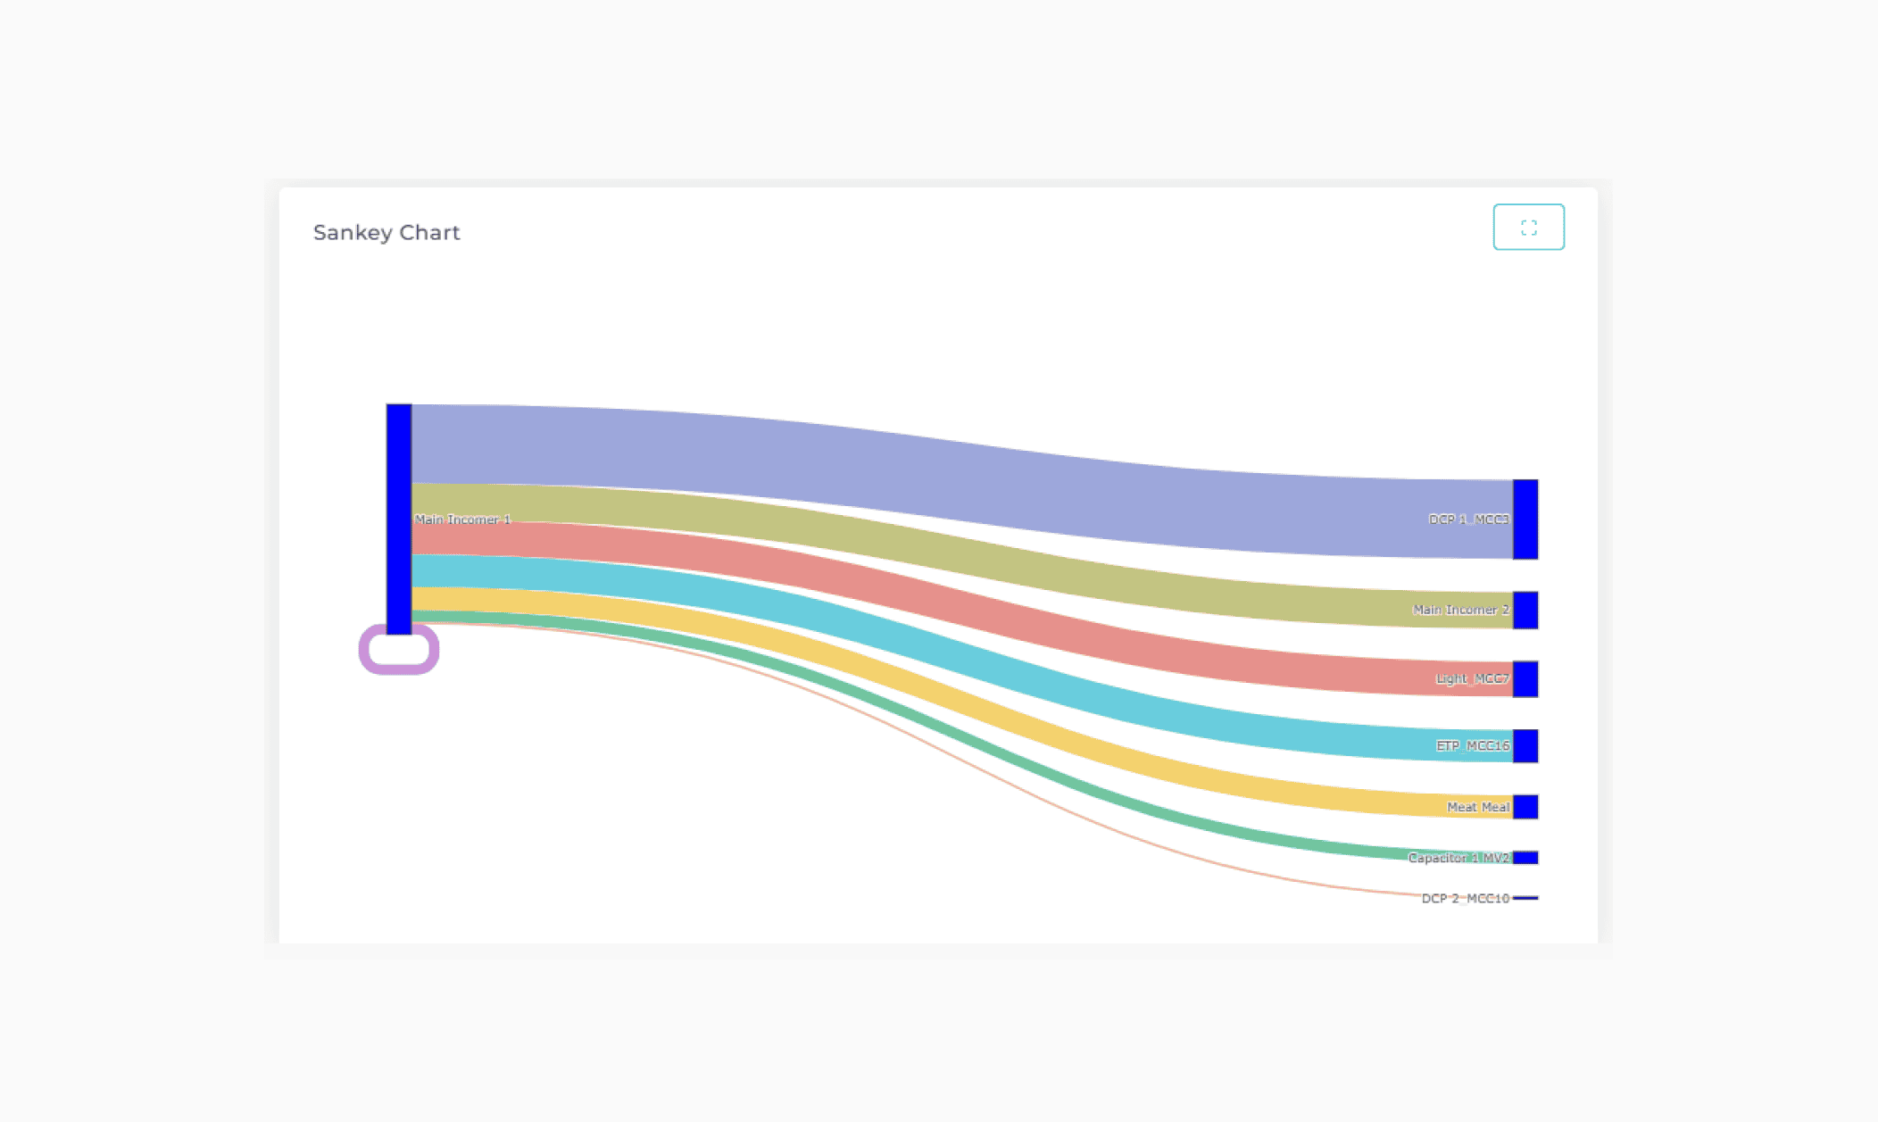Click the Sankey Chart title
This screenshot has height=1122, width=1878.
click(386, 233)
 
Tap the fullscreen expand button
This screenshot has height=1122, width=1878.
click(1528, 228)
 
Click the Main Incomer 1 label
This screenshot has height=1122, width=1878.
click(462, 519)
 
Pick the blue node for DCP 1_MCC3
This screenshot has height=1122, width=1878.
click(1525, 519)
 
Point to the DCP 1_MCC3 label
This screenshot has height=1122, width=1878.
click(1468, 519)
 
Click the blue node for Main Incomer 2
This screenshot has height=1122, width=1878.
click(1525, 611)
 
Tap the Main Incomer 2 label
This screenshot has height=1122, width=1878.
click(1460, 611)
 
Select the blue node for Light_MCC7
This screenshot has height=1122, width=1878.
click(1525, 679)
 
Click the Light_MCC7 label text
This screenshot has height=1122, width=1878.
click(1472, 679)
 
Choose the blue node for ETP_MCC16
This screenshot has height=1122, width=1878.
click(1525, 746)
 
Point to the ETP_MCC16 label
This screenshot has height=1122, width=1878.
click(1472, 746)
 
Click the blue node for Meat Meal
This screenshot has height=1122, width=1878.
click(1525, 807)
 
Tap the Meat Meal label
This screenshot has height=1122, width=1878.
click(1478, 808)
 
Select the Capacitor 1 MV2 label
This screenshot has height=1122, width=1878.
click(1458, 859)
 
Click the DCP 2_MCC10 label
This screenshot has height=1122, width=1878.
click(1465, 899)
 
